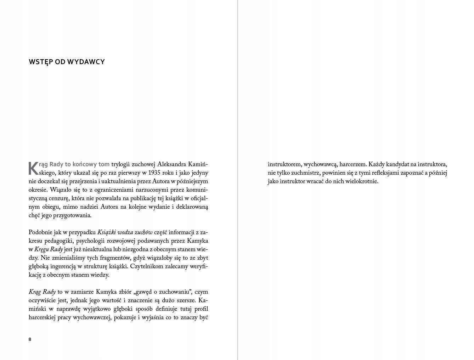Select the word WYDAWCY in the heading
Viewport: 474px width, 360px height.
point(91,62)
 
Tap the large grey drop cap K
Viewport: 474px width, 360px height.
point(33,168)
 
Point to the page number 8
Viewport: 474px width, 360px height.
point(30,339)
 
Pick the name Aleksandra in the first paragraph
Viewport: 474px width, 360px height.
point(172,164)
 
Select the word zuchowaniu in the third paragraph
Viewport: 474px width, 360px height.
point(174,292)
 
